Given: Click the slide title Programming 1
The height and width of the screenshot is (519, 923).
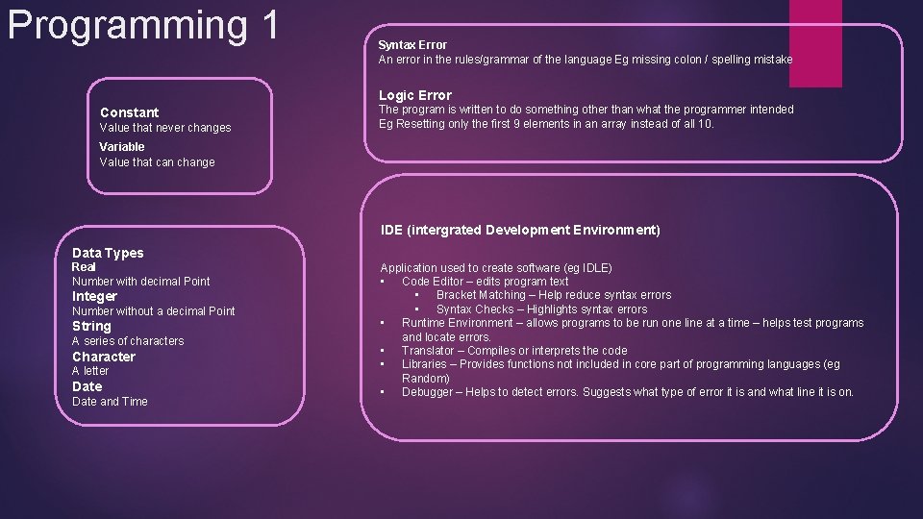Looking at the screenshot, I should (x=142, y=26).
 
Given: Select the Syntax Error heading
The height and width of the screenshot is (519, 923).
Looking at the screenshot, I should (x=412, y=45).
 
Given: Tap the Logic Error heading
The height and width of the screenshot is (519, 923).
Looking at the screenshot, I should (x=414, y=95).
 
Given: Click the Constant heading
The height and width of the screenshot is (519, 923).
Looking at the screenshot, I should (x=129, y=112).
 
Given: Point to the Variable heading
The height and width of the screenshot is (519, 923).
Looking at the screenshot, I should (x=122, y=147).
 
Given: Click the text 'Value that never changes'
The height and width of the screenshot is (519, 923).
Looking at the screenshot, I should (x=165, y=128).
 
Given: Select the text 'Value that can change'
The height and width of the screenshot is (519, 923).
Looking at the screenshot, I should (x=157, y=162).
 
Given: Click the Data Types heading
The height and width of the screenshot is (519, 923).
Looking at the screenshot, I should (x=108, y=253).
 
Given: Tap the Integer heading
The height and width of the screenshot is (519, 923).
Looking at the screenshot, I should (x=94, y=296).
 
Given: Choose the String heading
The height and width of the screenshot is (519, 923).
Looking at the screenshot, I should (x=91, y=326).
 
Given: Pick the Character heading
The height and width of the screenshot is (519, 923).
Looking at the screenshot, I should (x=104, y=357).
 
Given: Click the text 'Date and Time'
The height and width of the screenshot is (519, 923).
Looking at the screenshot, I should (x=110, y=402).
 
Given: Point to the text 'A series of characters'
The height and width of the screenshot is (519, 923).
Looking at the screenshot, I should (x=128, y=341).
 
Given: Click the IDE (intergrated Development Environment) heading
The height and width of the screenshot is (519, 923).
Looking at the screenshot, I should (x=520, y=230).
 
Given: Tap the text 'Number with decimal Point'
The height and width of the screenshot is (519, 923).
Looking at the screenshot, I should (x=140, y=282).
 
